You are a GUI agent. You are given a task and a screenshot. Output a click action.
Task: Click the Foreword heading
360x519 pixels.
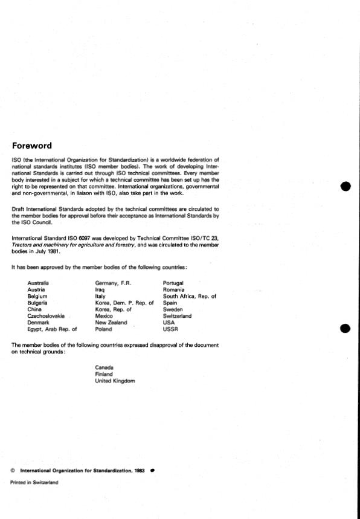tap(32, 146)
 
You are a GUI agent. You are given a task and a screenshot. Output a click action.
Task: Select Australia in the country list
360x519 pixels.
tap(38, 283)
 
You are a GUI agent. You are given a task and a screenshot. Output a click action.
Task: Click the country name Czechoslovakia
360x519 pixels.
tap(47, 316)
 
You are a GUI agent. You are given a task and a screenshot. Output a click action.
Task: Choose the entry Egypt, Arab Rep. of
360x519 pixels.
tap(53, 330)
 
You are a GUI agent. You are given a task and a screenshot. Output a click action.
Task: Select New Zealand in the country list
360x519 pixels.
tap(111, 323)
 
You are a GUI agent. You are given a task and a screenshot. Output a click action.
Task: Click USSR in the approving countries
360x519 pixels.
tap(170, 330)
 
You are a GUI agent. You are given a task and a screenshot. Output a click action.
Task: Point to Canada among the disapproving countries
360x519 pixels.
tap(104, 367)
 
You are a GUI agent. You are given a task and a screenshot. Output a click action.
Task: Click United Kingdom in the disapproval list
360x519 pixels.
tap(115, 381)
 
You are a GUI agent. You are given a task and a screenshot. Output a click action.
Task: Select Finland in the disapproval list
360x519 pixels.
tap(104, 374)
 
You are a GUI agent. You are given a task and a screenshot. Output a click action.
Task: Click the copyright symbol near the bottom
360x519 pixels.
tap(13, 469)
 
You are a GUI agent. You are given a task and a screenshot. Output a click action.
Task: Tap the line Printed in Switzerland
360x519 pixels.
tap(34, 482)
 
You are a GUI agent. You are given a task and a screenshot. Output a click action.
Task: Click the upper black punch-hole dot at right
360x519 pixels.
tap(345, 186)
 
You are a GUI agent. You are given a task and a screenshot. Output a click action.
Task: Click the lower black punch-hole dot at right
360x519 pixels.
tap(345, 328)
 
